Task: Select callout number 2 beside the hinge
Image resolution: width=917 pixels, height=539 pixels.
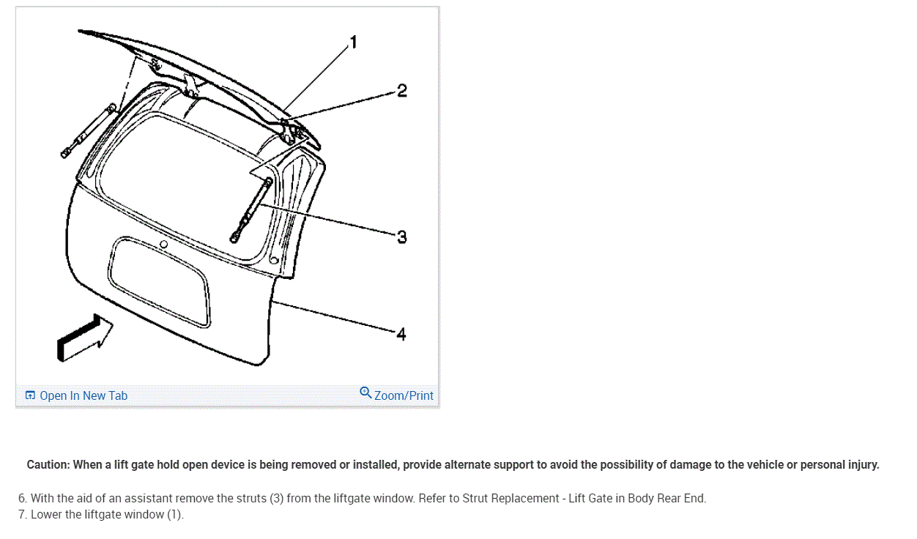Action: coord(401,91)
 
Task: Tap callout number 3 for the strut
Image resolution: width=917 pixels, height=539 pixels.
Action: coord(401,237)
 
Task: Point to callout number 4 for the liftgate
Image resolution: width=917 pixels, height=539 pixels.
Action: coord(401,334)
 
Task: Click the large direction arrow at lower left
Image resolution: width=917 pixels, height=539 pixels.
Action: coord(84,338)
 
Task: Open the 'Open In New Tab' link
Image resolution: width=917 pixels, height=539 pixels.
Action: coord(83,395)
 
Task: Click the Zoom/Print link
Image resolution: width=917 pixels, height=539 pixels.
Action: coord(404,395)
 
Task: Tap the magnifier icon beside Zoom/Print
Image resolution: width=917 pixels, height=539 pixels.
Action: coord(365,393)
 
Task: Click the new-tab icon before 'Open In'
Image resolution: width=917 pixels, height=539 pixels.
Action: coord(30,395)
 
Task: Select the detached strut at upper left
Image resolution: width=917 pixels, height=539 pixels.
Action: coord(88,130)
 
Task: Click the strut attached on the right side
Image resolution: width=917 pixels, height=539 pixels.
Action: coord(251,209)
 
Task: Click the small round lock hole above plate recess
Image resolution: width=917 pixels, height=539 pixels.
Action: coord(164,245)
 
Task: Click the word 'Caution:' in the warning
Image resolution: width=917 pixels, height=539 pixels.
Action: coord(48,464)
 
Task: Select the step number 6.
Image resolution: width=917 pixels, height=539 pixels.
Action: coord(22,499)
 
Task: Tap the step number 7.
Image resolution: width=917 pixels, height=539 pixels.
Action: coord(22,514)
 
